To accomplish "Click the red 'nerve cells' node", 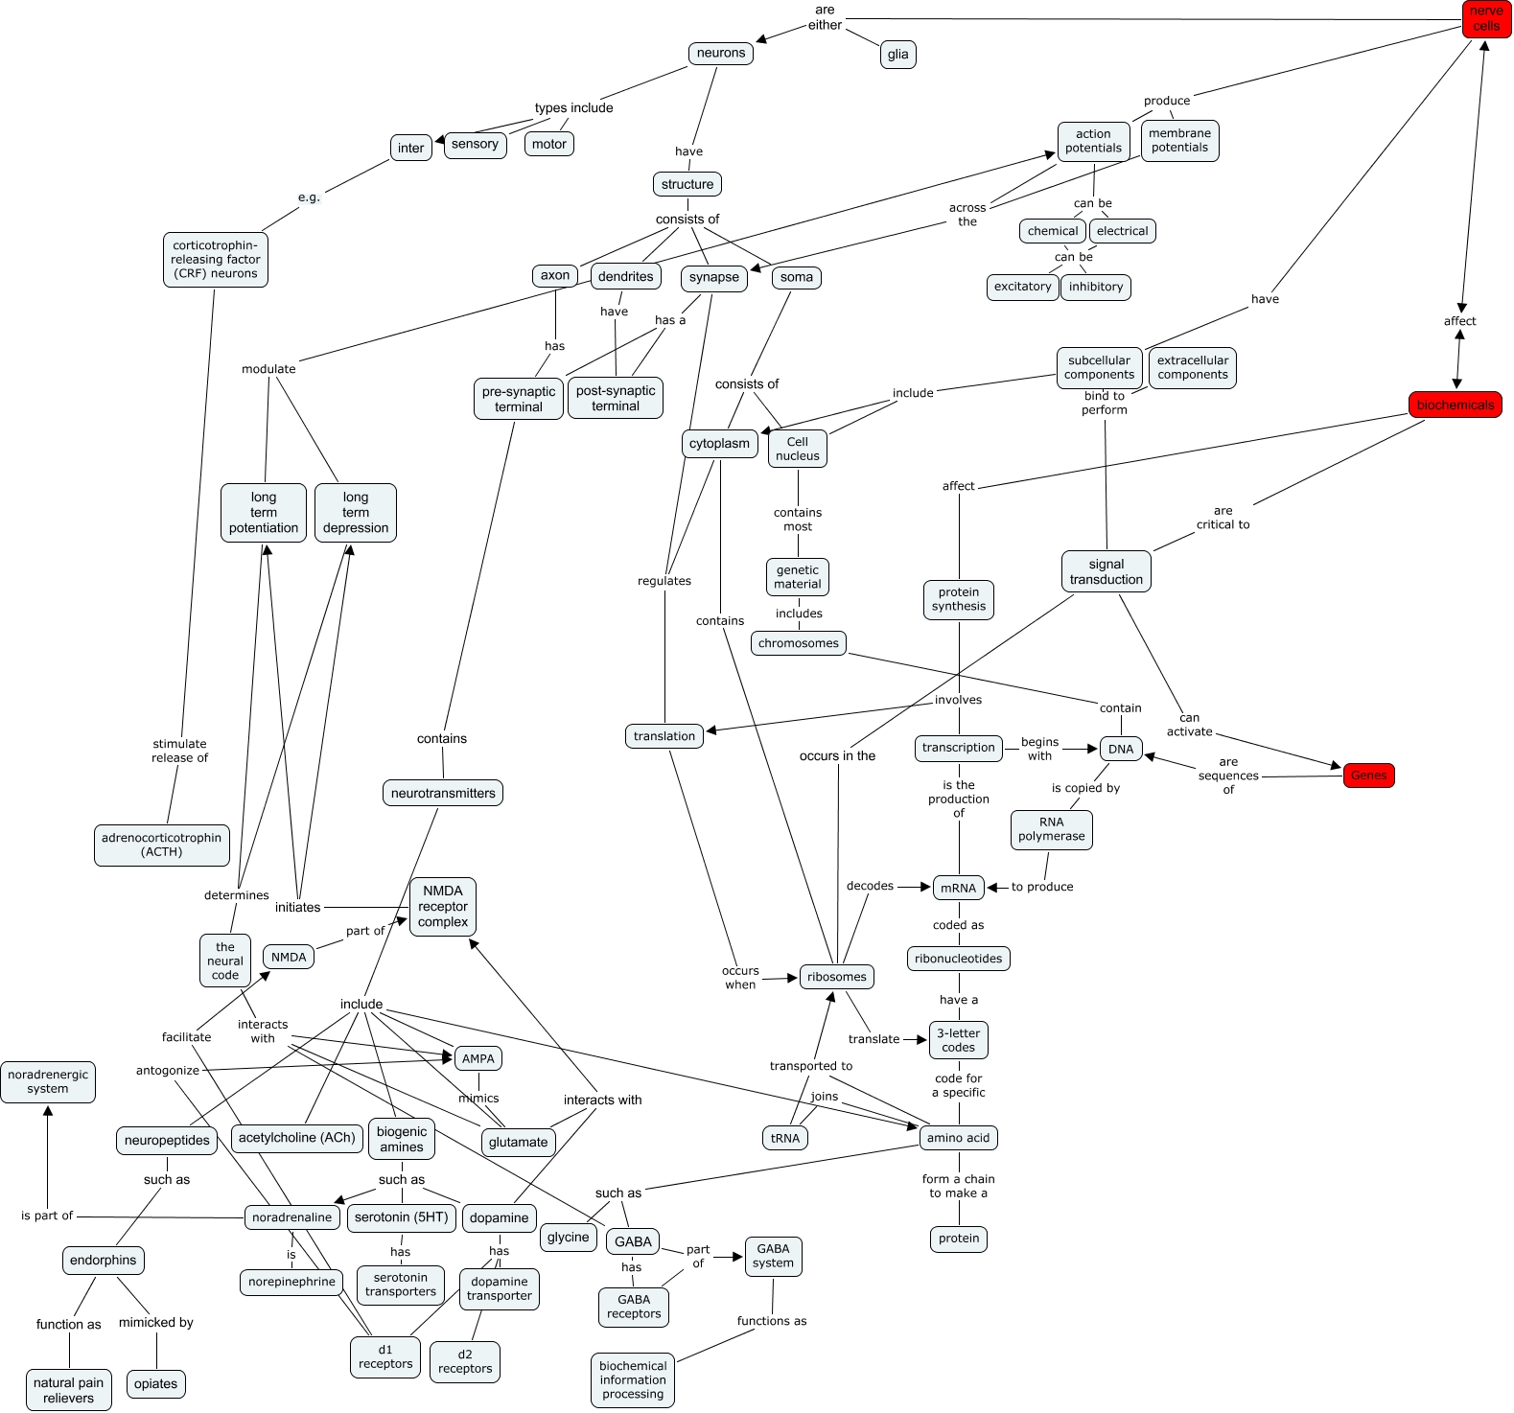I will click(1486, 18).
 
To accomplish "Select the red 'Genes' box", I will click(1368, 776).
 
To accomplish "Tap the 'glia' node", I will click(897, 55).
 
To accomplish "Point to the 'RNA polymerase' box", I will click(1051, 829).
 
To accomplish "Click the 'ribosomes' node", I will click(836, 977).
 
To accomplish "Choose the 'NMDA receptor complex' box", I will click(442, 907).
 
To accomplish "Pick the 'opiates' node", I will click(155, 1383).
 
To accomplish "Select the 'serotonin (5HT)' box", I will click(401, 1217).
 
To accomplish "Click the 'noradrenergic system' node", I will click(48, 1081).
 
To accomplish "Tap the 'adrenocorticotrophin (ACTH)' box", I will click(161, 845).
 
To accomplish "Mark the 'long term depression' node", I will click(355, 513).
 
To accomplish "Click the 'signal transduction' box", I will click(1106, 572).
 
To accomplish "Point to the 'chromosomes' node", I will click(798, 643).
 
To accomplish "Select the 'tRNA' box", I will click(784, 1138).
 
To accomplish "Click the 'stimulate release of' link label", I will click(179, 751).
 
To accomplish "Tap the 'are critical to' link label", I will click(1223, 518).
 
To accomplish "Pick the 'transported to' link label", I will click(810, 1066).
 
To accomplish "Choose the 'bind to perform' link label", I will click(1104, 403).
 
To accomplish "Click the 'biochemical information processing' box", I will click(633, 1379).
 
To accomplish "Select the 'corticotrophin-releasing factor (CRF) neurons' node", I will click(216, 259).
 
